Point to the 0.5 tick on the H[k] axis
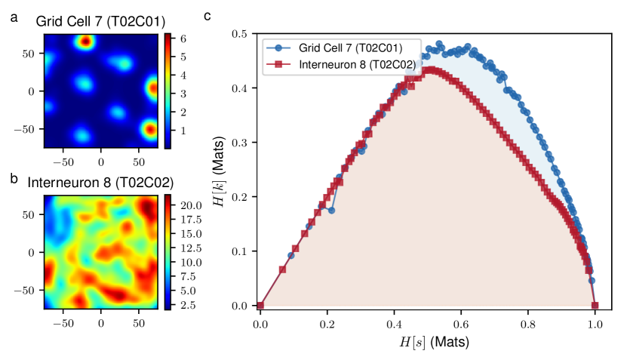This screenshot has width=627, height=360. [241, 34]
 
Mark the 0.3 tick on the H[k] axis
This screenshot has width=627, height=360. [241, 143]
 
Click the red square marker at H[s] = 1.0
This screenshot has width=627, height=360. [595, 306]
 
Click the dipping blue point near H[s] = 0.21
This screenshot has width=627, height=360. [331, 211]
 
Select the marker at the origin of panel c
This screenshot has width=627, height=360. [260, 306]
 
